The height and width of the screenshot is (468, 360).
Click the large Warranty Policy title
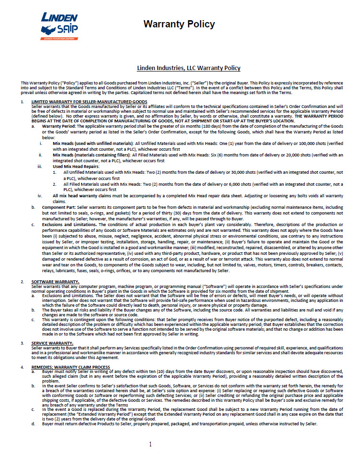179,24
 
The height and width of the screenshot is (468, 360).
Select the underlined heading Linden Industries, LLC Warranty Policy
189,68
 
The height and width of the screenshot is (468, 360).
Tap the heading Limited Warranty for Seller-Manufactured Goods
89,102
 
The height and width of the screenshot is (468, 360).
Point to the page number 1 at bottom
150,444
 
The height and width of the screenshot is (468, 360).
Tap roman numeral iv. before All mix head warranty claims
41,195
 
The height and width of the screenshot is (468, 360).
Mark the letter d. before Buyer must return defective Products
33,424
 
